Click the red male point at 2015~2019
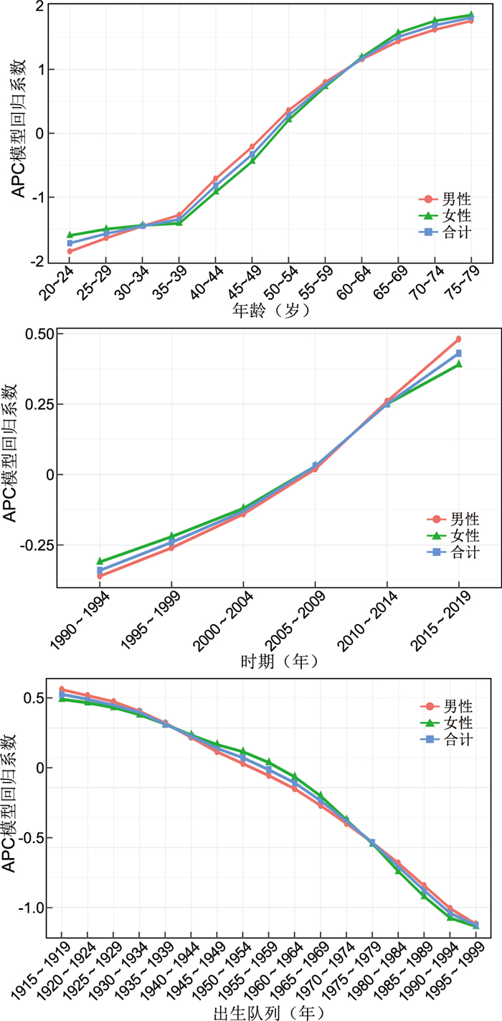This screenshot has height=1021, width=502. pos(459,339)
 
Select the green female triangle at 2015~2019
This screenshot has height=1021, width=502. pos(459,364)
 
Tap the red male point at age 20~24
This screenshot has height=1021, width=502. pos(70,251)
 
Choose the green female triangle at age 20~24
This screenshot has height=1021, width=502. pos(70,235)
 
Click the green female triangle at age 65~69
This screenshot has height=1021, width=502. pos(398,33)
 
